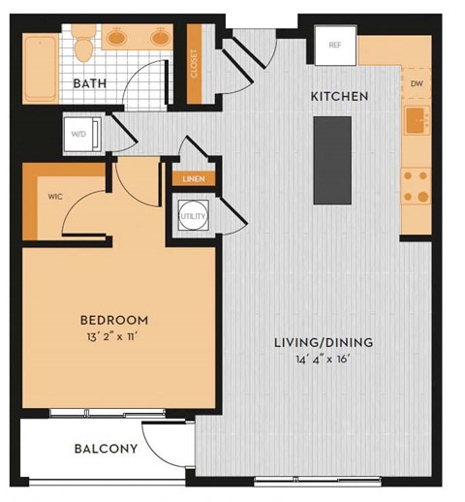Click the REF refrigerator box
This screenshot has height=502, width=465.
click(x=335, y=45)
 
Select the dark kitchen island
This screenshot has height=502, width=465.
click(x=331, y=160)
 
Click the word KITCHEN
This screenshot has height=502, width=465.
click(x=339, y=97)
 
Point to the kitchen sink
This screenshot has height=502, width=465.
click(x=417, y=122)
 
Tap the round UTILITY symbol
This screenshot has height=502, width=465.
click(x=192, y=217)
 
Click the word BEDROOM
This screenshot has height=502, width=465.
click(x=113, y=321)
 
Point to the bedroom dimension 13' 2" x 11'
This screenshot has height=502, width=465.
click(x=113, y=338)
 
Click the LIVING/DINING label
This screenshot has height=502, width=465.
click(x=323, y=343)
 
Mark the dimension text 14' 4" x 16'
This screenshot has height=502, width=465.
click(x=323, y=361)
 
